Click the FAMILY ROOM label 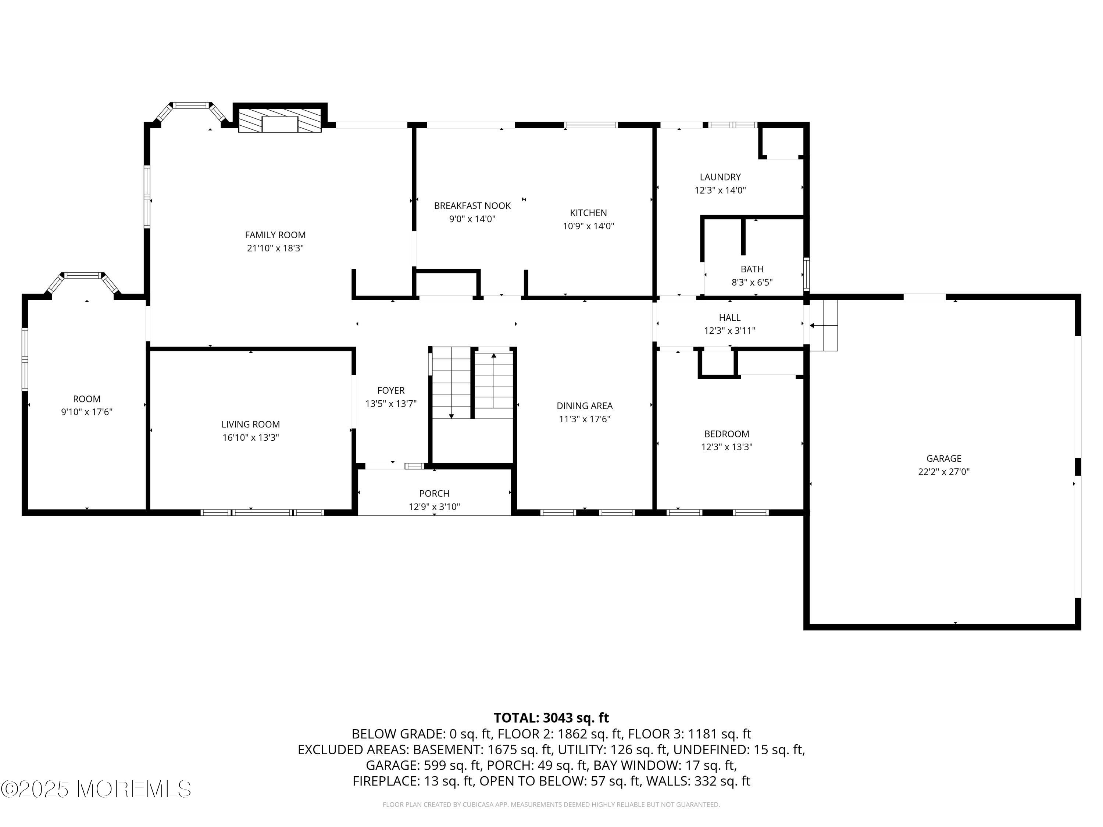click(275, 235)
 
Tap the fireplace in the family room click(280, 121)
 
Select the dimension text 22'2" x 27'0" click(944, 472)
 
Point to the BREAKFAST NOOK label click(472, 205)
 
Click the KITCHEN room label click(588, 213)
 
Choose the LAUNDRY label click(720, 177)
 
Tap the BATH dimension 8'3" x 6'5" click(752, 282)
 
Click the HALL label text click(729, 318)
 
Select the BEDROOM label click(727, 434)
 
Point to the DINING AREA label click(585, 406)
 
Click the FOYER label click(391, 390)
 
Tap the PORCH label click(434, 494)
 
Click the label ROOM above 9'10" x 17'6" click(87, 399)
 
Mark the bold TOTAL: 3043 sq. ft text click(551, 718)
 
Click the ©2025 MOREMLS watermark click(96, 789)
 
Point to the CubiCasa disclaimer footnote click(551, 804)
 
